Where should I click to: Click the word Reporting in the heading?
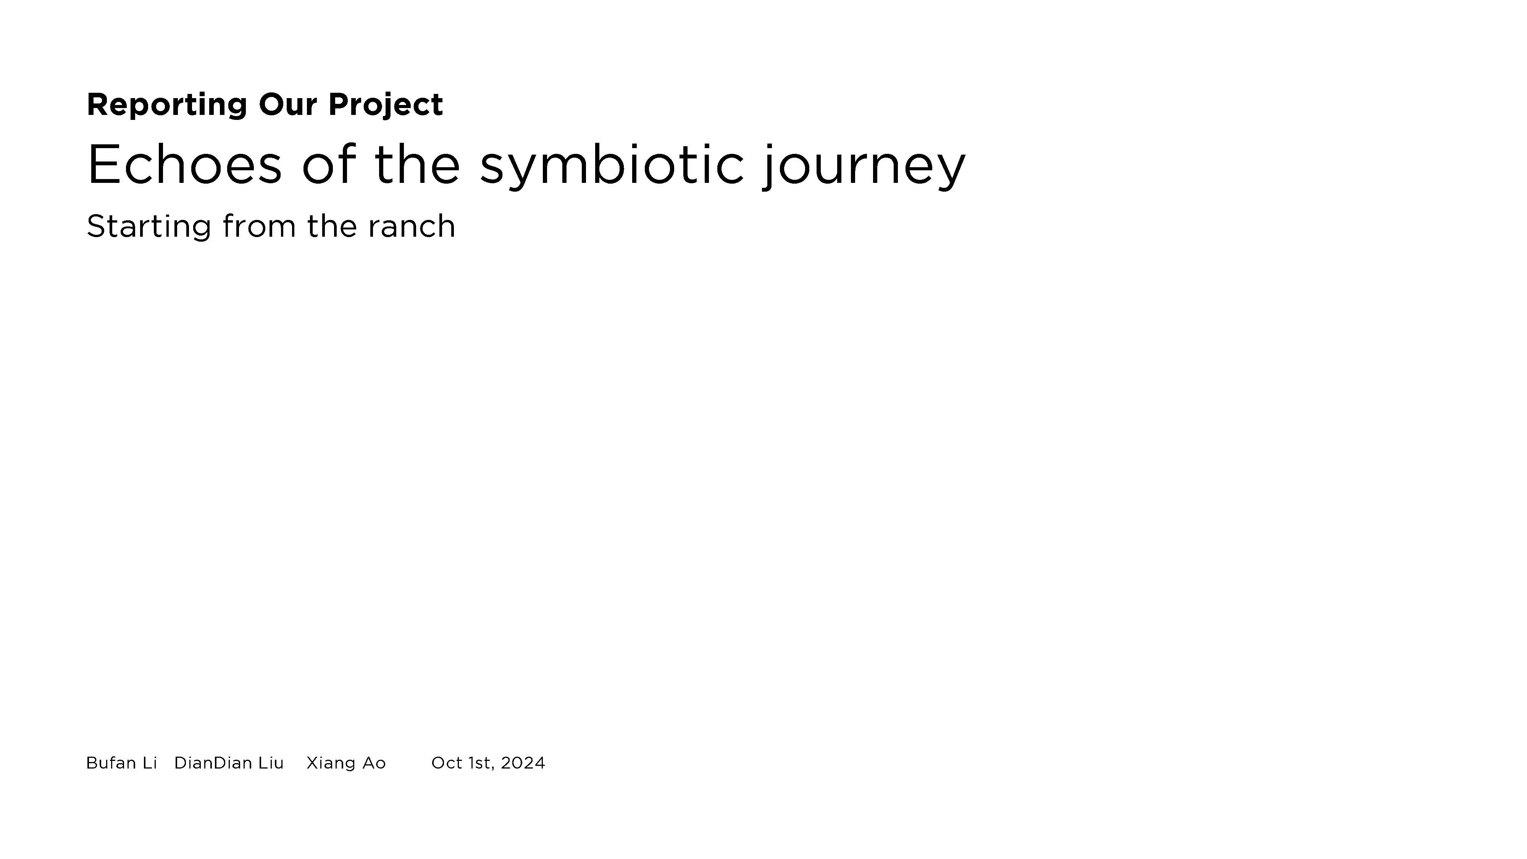[166, 105]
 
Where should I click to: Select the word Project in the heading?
[385, 105]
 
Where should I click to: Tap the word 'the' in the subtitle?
[332, 226]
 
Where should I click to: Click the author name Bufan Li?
[121, 763]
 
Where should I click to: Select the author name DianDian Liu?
[229, 763]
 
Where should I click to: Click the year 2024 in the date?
[523, 763]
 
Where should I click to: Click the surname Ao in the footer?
[374, 763]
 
